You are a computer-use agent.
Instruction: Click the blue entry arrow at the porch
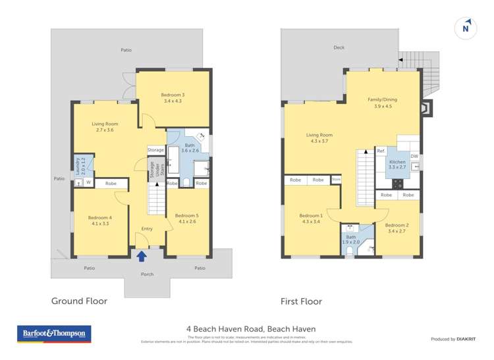[142, 255]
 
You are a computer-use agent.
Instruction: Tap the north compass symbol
[466, 28]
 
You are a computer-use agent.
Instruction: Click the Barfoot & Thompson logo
[55, 334]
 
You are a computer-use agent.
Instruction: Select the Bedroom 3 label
[173, 98]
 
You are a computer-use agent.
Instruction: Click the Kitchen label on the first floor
[397, 165]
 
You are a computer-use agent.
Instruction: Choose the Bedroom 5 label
[186, 219]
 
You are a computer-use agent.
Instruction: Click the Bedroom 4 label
[100, 221]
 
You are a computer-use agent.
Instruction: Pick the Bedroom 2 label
[397, 228]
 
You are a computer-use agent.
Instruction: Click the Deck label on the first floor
[339, 48]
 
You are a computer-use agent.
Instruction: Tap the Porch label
[147, 274]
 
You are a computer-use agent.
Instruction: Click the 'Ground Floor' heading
[79, 301]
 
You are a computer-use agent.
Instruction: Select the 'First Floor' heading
[301, 301]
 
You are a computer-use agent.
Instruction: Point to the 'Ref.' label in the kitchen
[381, 151]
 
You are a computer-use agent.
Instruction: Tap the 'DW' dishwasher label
[414, 156]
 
